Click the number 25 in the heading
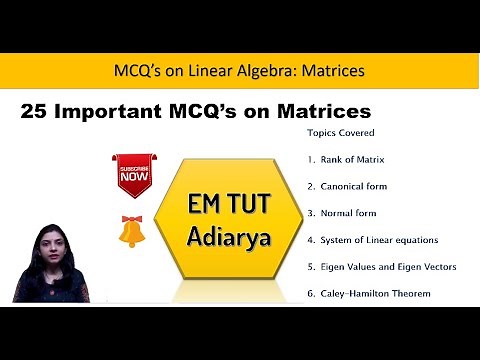point(34,109)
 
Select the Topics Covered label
point(335,132)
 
